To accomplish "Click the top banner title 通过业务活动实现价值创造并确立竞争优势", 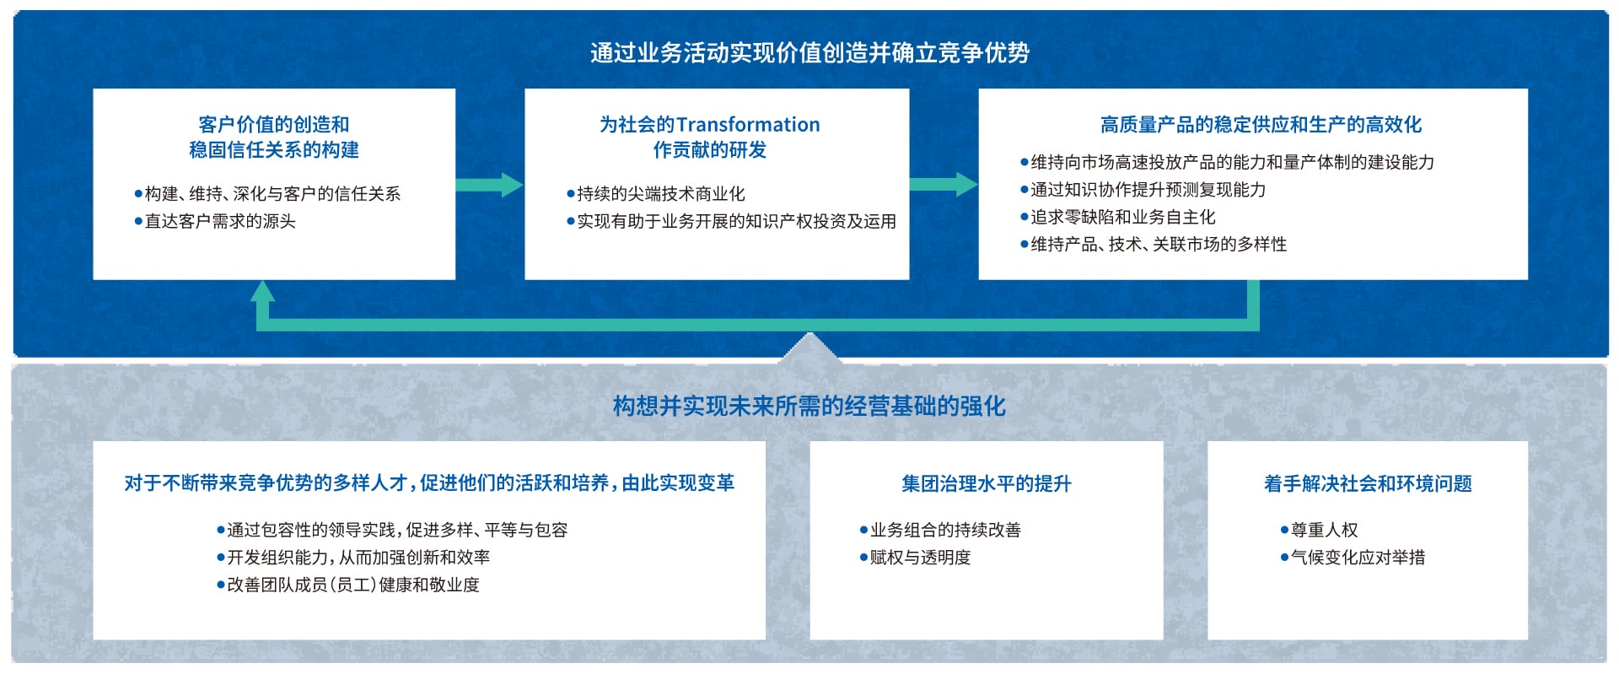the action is tap(809, 52).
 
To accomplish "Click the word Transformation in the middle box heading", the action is tap(748, 125).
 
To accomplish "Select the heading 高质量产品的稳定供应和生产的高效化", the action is tap(1261, 125).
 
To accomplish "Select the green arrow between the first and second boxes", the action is tap(489, 185).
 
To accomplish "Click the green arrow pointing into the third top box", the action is tap(944, 185).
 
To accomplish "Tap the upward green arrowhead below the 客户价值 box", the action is tap(263, 292).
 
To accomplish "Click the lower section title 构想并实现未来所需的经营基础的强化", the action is tap(809, 406).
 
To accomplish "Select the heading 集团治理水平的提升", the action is tap(987, 483).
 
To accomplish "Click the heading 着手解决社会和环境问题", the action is tap(1368, 483).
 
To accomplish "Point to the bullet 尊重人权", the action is tap(1320, 530).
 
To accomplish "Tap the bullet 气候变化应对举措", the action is tap(1353, 557).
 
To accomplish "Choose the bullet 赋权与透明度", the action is tap(916, 557).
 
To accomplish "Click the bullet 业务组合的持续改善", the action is tap(940, 530).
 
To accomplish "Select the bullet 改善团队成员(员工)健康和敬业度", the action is tap(348, 585).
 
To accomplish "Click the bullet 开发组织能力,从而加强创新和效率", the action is tap(353, 557).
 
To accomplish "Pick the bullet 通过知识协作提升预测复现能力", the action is tap(1143, 190).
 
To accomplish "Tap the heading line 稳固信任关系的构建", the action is tap(274, 150).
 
